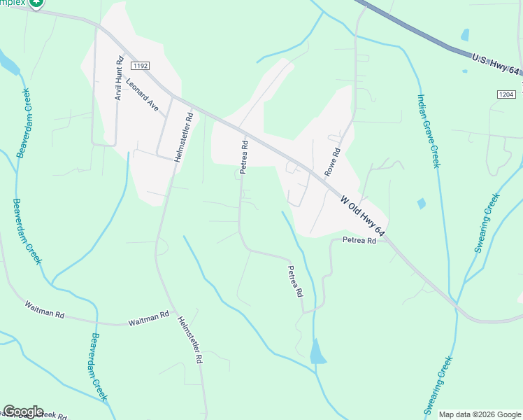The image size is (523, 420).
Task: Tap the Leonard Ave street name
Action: (x=143, y=95)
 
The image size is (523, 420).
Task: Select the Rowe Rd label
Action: (x=332, y=162)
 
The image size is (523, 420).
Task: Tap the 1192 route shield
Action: (x=139, y=65)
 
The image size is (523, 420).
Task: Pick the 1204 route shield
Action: (x=507, y=94)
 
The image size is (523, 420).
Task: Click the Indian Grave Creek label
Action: (x=429, y=131)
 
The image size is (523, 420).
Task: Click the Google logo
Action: (x=23, y=412)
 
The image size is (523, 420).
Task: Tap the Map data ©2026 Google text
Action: (x=479, y=414)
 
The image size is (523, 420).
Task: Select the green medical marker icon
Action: (x=37, y=3)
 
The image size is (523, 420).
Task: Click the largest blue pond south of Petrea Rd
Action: (x=317, y=351)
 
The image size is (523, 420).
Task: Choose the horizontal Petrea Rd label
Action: (x=359, y=240)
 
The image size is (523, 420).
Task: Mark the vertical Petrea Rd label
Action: (x=245, y=158)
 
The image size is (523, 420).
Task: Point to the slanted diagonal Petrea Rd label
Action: (x=296, y=279)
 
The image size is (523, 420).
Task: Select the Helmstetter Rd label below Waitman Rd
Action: (x=190, y=339)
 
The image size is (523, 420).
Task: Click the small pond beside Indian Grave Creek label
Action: (x=421, y=204)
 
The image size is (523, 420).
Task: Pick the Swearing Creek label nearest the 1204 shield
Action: (x=486, y=223)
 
